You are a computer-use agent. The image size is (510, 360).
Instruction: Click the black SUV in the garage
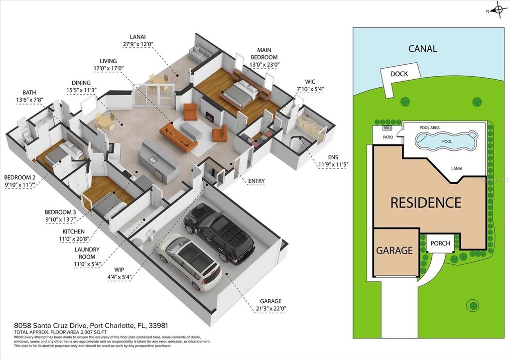coord(219,232)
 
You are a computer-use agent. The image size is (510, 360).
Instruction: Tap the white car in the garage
coord(189,260)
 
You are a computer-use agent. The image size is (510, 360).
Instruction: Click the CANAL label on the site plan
coord(422,49)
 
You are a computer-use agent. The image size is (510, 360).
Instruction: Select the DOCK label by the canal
coord(399,74)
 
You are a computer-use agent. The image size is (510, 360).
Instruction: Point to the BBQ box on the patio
coord(386,128)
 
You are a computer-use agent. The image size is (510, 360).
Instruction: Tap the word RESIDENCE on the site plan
coord(426,202)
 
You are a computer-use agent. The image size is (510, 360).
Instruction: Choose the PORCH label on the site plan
coord(440,243)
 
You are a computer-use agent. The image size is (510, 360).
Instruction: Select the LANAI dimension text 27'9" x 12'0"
coord(137,44)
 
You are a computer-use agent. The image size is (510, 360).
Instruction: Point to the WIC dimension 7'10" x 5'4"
coord(310,89)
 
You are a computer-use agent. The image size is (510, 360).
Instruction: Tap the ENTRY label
coord(256,181)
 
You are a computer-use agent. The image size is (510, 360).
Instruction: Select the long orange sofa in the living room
coord(179,137)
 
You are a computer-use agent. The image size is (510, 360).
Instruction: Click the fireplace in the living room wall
coord(210,116)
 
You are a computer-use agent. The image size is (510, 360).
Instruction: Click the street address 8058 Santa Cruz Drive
coord(50,325)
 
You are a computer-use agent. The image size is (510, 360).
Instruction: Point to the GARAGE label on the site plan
coord(394,250)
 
